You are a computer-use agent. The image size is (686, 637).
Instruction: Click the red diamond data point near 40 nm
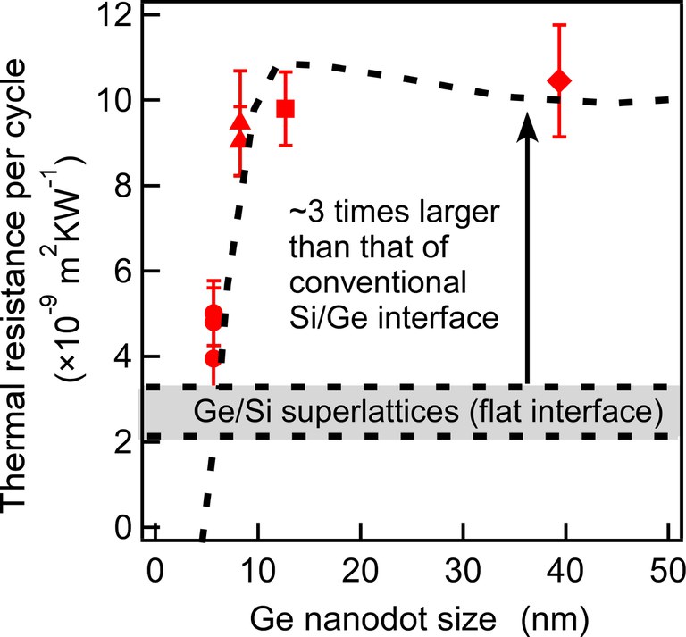(x=560, y=81)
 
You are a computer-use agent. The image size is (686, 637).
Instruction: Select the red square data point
(x=286, y=108)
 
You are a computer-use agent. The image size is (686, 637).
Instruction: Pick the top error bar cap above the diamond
(x=560, y=25)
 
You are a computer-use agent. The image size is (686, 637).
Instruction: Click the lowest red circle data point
(x=213, y=358)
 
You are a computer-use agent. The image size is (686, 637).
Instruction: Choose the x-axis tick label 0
(x=155, y=568)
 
